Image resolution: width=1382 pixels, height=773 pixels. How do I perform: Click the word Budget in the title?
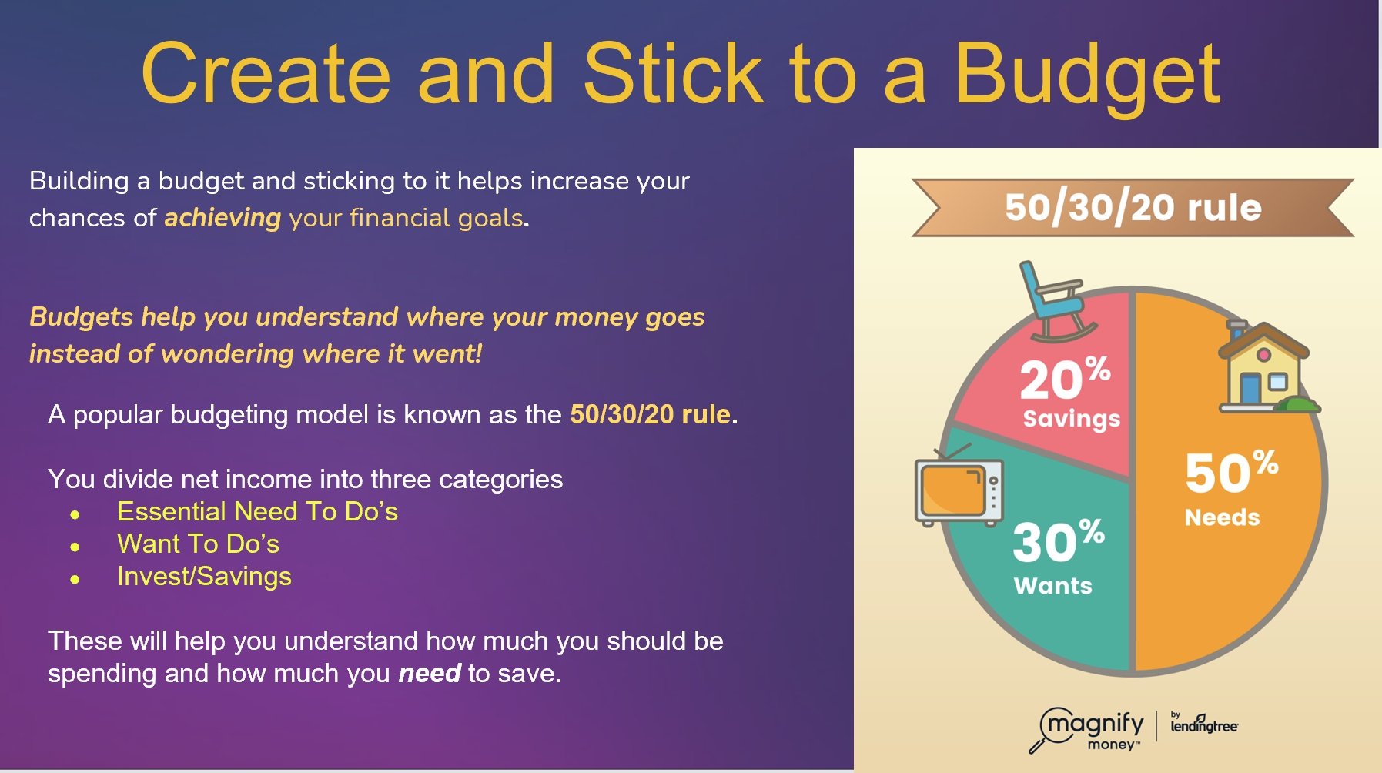click(x=1087, y=75)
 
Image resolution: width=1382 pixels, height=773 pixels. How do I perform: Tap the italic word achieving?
click(x=223, y=219)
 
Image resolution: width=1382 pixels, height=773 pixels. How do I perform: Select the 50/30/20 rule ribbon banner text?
click(x=1133, y=207)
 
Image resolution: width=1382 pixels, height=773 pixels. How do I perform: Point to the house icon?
click(x=1266, y=367)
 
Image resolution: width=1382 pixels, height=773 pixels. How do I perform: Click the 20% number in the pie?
click(x=1065, y=377)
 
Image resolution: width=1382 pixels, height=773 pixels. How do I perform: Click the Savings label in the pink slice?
click(x=1071, y=419)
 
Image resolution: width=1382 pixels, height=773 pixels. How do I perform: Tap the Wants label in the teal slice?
click(x=1052, y=586)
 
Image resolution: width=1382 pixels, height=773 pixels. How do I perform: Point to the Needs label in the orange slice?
click(x=1222, y=517)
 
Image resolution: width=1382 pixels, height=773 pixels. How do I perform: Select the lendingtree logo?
click(x=1204, y=723)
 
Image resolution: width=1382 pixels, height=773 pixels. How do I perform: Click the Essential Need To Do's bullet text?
click(x=257, y=512)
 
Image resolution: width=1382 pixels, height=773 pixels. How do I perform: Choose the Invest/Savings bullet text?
click(x=204, y=577)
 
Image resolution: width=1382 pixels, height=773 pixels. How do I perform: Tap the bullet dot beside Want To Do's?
click(x=75, y=547)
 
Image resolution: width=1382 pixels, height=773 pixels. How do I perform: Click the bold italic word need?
click(x=430, y=674)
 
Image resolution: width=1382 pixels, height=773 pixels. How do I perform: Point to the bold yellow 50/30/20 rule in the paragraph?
click(x=650, y=415)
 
